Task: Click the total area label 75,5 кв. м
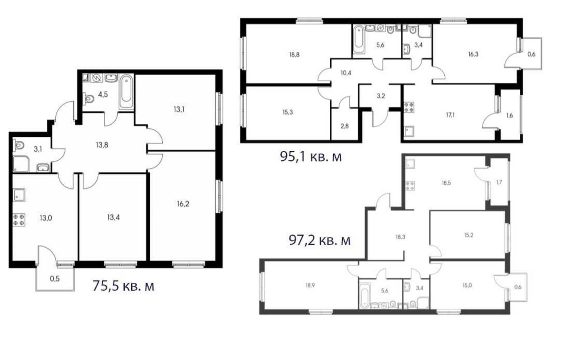coord(123,286)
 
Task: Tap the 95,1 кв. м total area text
coord(311,157)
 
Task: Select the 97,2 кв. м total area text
coord(319,240)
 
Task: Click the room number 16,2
coord(183,204)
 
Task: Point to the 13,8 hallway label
coord(102,145)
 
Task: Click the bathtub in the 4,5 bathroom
coord(126,92)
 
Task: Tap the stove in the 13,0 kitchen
coord(19,219)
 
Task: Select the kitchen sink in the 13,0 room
coord(19,195)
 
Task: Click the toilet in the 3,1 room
coord(19,146)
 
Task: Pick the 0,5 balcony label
coord(55,279)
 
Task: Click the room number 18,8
coord(294,55)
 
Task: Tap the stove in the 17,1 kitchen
coord(409,107)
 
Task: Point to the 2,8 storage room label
coord(345,126)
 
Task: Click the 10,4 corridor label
coord(346,73)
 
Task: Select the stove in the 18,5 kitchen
coord(410,186)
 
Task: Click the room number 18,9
coord(310,285)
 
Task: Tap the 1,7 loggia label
coord(499,182)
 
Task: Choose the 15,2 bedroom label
coord(469,235)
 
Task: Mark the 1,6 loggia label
coord(509,115)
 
